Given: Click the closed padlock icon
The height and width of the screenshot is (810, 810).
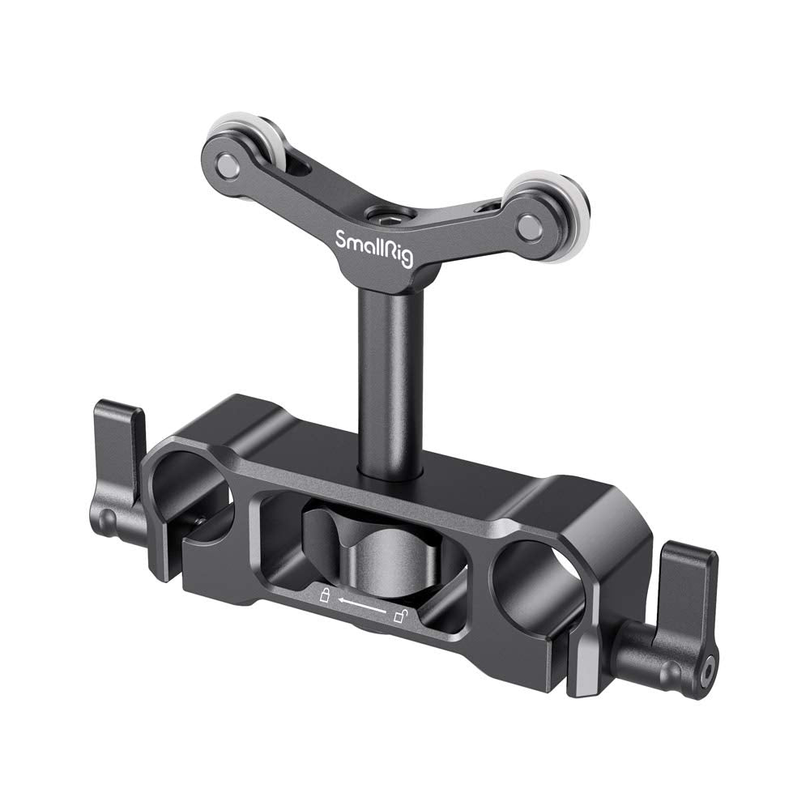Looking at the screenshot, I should [x=324, y=597].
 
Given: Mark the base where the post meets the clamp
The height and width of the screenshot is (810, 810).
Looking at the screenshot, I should [x=388, y=474].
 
